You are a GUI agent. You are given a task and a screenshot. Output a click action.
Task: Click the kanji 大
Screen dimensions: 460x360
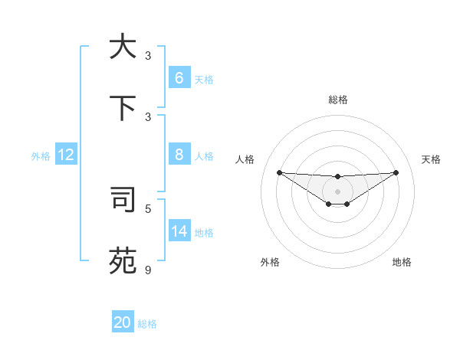coord(123,47)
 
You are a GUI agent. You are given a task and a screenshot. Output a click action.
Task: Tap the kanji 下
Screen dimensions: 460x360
coord(123,107)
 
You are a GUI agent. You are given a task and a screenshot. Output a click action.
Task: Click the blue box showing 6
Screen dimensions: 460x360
coord(179,78)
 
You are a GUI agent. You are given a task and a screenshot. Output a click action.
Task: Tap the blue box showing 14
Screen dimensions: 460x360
coord(179,231)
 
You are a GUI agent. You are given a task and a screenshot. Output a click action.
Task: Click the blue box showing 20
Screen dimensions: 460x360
coord(123,323)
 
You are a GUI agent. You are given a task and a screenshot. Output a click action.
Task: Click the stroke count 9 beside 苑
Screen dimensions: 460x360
coord(148,270)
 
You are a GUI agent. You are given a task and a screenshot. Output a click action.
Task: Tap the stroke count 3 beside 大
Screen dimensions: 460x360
coord(148,56)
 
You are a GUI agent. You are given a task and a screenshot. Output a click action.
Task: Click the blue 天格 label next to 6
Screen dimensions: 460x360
coord(203,79)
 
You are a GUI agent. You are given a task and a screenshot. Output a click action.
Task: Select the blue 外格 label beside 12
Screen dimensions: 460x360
coord(41,156)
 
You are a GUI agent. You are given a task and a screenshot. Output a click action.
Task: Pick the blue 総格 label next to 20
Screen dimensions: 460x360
coord(147,324)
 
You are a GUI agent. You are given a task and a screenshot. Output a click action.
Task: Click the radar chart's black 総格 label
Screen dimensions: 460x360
coord(338,100)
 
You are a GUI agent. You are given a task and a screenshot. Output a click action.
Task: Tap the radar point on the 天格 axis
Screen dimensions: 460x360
coord(396,172)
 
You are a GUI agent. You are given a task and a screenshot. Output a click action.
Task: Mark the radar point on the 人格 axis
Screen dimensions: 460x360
coord(279,172)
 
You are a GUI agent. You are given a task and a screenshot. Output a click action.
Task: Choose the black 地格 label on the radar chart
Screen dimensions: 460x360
coord(402,262)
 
